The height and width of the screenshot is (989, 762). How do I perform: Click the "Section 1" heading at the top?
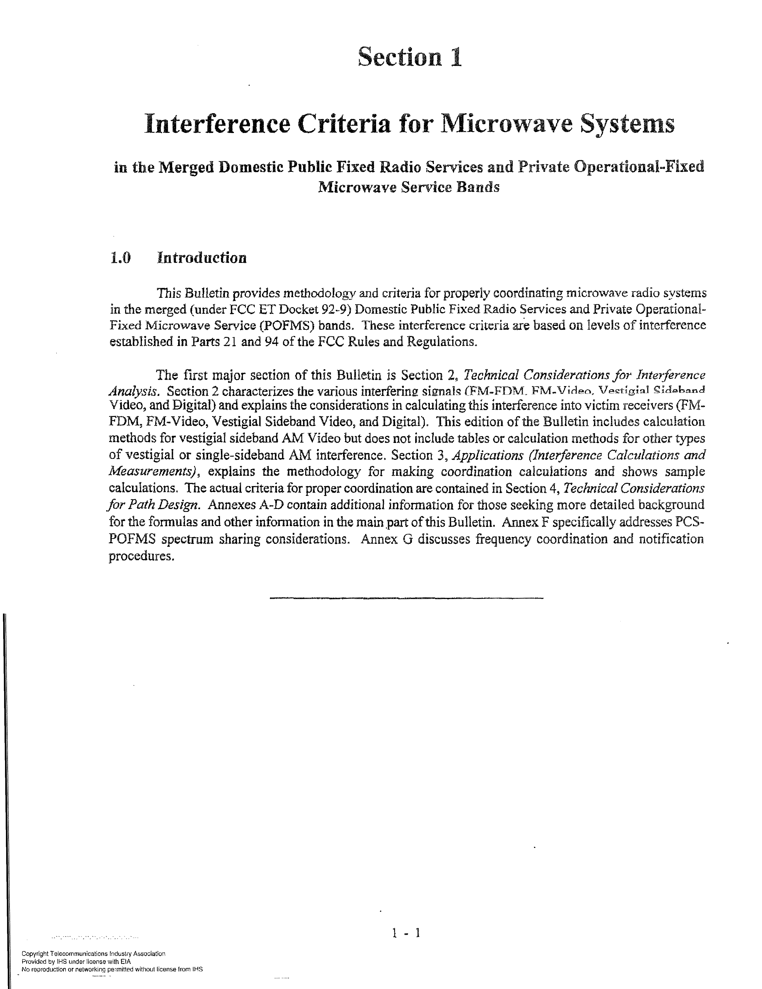[x=409, y=58]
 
